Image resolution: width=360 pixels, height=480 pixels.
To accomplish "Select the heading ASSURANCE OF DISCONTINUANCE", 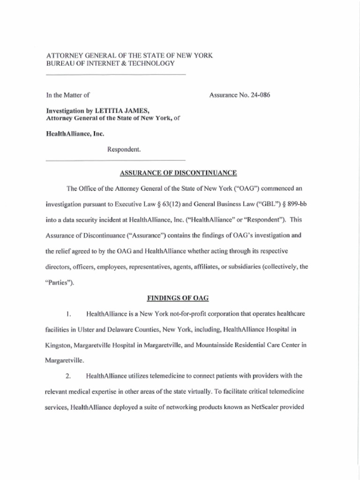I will point(178,173).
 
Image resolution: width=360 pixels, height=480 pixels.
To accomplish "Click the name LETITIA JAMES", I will point(122,111).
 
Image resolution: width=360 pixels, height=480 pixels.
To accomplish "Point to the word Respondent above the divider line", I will point(124,150).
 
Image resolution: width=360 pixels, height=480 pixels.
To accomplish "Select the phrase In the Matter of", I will point(67,95).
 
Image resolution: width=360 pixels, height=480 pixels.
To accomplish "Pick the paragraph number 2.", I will point(68,375).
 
